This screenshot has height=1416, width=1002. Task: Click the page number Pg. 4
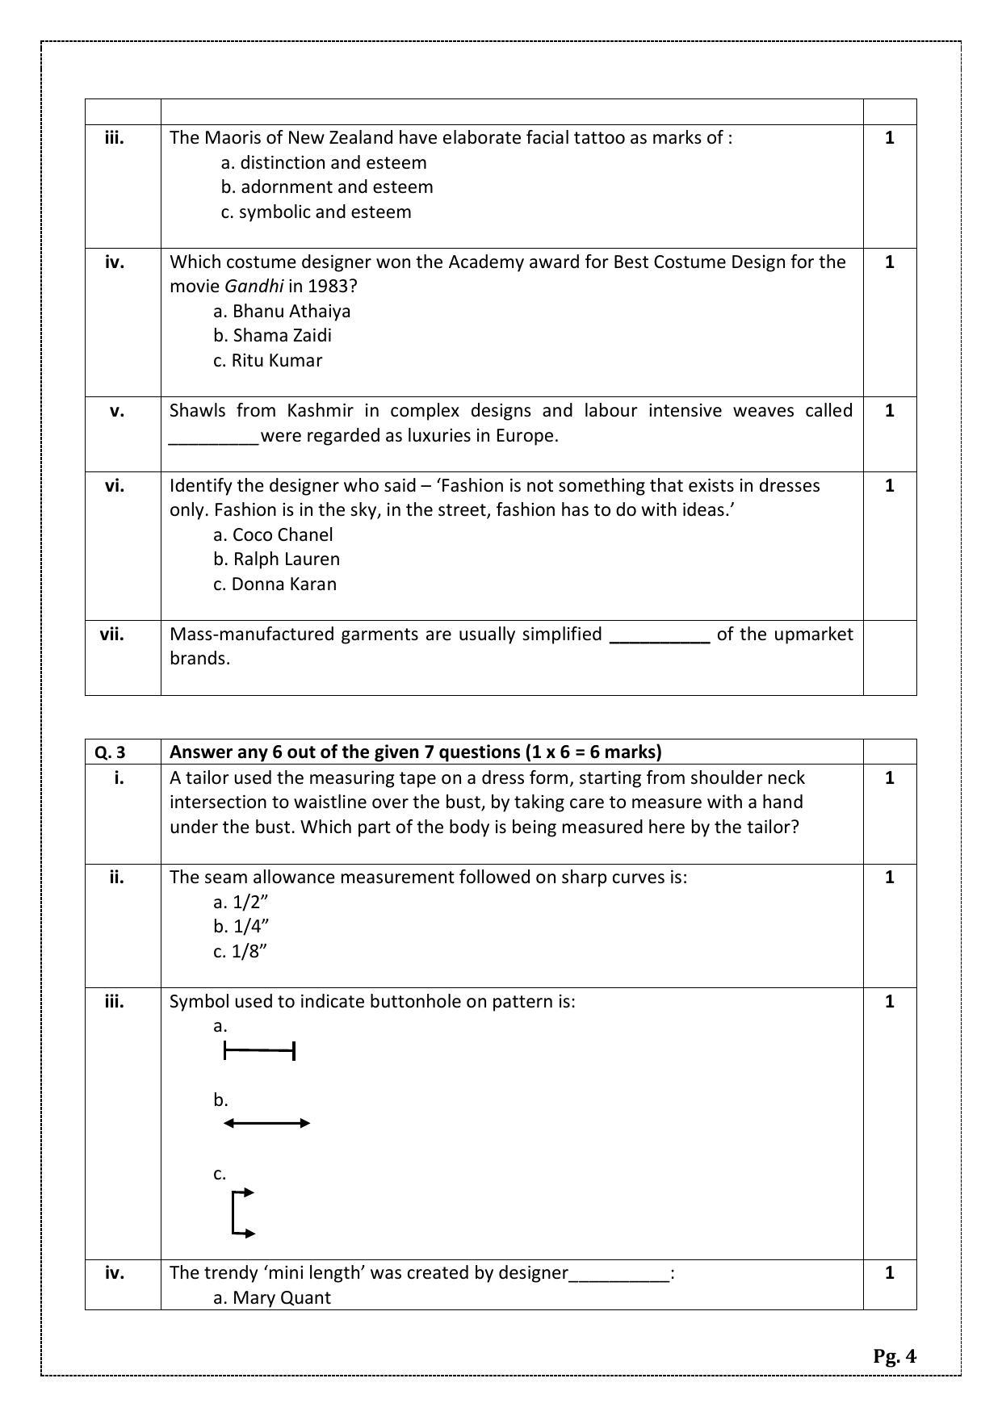point(894,1355)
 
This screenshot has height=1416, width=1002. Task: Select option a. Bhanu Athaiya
point(282,311)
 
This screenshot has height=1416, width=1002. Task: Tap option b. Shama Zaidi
point(272,335)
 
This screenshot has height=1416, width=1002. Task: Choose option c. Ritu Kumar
point(267,360)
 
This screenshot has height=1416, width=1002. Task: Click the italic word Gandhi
point(254,286)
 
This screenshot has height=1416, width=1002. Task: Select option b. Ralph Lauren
point(276,559)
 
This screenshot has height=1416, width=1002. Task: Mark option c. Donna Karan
point(275,584)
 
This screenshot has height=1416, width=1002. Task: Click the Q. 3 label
point(110,752)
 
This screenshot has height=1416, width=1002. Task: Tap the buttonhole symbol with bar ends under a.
point(259,1050)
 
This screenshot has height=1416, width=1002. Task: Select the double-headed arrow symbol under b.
point(266,1123)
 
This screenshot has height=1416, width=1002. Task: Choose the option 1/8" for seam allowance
point(240,951)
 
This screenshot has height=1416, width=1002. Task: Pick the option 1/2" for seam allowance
point(241,902)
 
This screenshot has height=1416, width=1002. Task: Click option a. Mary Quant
point(272,1297)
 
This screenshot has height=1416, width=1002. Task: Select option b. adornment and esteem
point(327,186)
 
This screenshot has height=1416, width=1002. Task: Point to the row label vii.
point(112,634)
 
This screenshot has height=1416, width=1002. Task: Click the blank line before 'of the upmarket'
point(659,635)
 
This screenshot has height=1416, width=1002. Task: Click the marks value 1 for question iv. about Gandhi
point(889,262)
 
